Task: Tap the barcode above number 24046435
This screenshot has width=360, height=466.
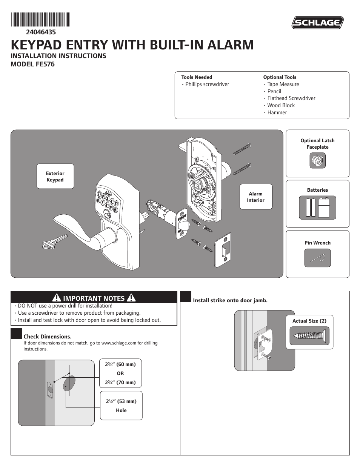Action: pyautogui.click(x=40, y=19)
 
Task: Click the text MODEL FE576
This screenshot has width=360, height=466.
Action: pyautogui.click(x=33, y=64)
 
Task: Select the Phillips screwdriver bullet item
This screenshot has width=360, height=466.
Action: pyautogui.click(x=207, y=84)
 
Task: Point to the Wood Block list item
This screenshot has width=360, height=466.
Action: pyautogui.click(x=281, y=105)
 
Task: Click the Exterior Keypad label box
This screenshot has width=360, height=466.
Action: pyautogui.click(x=55, y=177)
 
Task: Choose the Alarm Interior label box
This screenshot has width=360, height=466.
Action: pyautogui.click(x=255, y=197)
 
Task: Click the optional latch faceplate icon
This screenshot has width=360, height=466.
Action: pyautogui.click(x=317, y=161)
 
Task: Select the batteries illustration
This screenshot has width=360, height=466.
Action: pyautogui.click(x=317, y=208)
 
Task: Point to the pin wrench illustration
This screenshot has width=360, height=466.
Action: pyautogui.click(x=317, y=258)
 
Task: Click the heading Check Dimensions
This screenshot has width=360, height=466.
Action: pyautogui.click(x=48, y=337)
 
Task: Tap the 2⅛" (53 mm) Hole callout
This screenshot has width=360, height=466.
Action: pyautogui.click(x=121, y=406)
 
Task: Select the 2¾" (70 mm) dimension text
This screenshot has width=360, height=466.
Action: pyautogui.click(x=120, y=382)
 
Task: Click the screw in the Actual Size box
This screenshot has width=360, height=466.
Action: pyautogui.click(x=309, y=335)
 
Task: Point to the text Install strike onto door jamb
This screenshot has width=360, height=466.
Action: pyautogui.click(x=230, y=300)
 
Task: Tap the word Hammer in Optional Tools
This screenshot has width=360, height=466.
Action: pyautogui.click(x=277, y=112)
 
